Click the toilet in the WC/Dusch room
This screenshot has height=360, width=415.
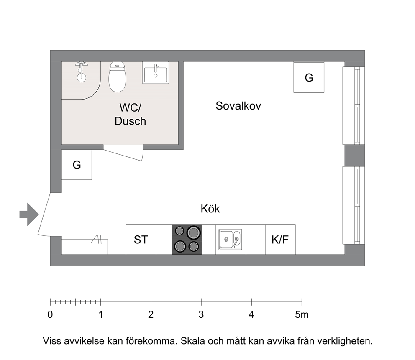point(117,77)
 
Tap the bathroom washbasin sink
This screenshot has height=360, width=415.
point(156,73)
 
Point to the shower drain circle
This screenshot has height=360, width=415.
point(82,77)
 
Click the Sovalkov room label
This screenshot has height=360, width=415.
point(238,106)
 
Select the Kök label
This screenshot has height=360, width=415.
point(210,209)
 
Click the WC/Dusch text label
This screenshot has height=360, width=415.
point(130,114)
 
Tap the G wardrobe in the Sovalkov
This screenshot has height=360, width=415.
point(309,77)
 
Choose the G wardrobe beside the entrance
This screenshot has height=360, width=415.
point(77,165)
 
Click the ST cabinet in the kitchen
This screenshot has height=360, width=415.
point(141,240)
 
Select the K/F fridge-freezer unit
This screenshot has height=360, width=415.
point(280,240)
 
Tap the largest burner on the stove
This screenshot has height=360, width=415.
point(193,232)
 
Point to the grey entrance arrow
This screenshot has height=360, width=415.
point(29,214)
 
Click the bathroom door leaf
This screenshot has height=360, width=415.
point(123,153)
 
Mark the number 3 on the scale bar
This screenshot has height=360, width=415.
point(201,314)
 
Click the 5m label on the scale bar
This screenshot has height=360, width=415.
point(302,314)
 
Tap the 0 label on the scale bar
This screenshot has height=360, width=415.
point(50,314)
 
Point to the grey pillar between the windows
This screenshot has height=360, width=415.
point(354,155)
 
